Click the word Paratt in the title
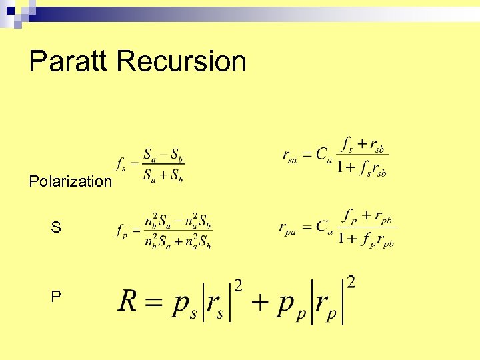tap(69, 61)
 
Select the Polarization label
tap(71, 181)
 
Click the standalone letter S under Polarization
tap(56, 228)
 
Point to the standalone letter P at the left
tap(56, 297)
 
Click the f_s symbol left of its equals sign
tap(121, 163)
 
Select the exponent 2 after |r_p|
tap(351, 281)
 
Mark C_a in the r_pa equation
tap(324, 227)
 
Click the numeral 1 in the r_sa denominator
tap(341, 167)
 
